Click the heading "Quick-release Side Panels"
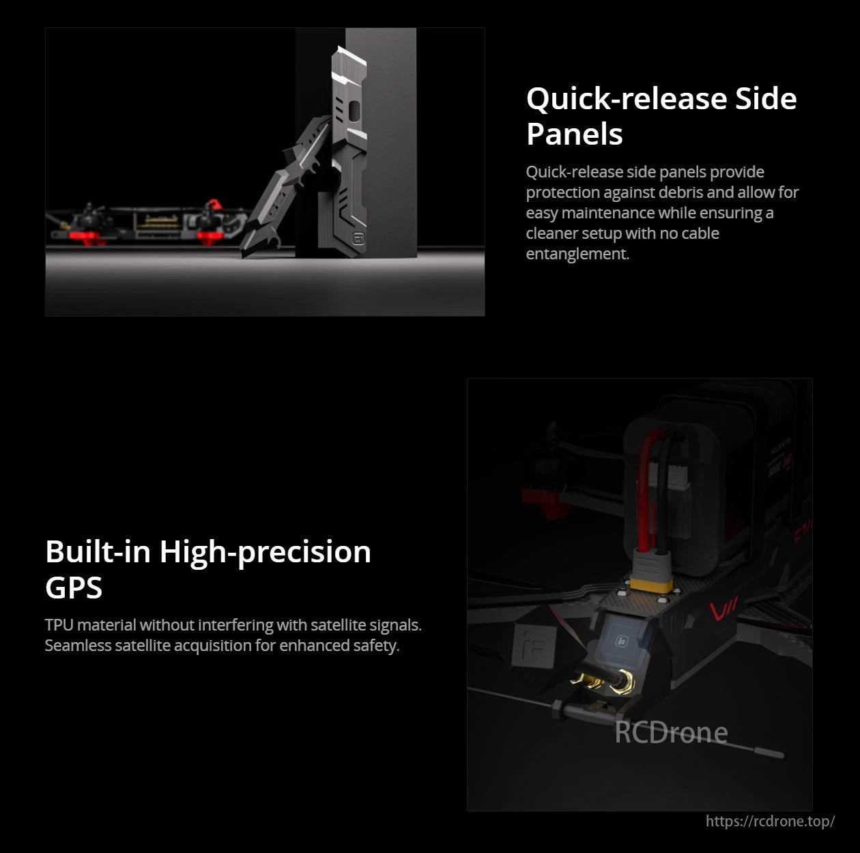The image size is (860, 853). coord(661,116)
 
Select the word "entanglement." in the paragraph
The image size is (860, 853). coord(577,254)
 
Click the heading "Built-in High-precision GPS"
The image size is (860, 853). coord(207,569)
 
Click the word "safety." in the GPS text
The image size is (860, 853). coord(376,646)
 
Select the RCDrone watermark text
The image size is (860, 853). coord(670,732)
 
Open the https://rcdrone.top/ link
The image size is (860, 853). coord(770,821)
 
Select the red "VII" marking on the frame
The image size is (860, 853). coord(723,609)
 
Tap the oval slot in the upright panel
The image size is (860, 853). coord(355,110)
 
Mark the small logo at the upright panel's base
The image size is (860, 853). coord(358,238)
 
